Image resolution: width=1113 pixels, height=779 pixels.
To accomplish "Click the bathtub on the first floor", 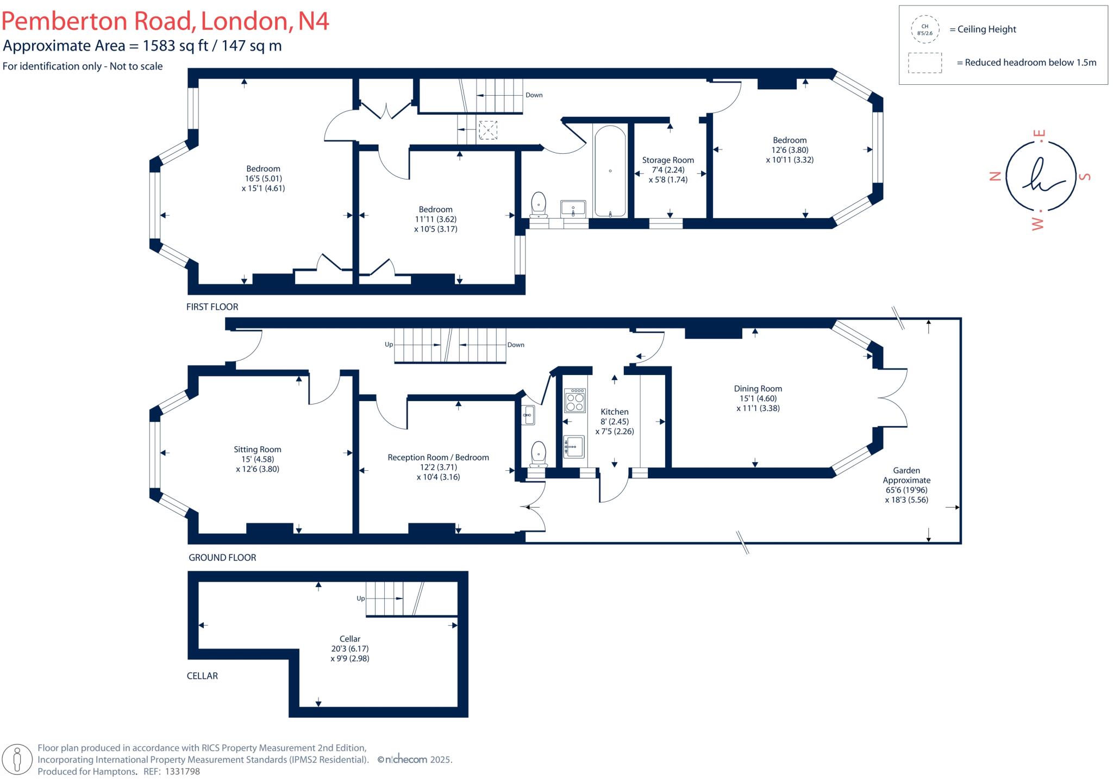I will pos(610,171).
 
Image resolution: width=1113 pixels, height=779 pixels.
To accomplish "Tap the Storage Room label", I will pos(668,160).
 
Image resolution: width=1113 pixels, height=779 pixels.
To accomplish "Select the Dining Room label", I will pos(758,388).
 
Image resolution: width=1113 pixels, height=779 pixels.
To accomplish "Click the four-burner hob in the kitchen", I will pos(574,401).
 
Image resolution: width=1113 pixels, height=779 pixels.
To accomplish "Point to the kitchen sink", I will pos(574,446).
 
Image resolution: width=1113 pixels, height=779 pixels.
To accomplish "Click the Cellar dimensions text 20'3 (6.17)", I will pos(349,649).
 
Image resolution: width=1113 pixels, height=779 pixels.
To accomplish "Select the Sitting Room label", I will pos(257,449).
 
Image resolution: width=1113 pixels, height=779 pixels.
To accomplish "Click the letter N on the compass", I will pos(995,176).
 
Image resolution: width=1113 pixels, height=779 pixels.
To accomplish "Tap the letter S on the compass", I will pos(1084,176).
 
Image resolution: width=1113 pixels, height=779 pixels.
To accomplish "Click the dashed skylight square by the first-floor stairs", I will pos(487,130).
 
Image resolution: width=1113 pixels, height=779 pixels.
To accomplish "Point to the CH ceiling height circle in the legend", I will pos(924,29).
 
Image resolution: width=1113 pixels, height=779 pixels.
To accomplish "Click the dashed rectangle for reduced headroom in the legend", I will pos(924,63).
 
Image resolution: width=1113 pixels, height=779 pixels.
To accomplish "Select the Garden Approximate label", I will pos(906,475).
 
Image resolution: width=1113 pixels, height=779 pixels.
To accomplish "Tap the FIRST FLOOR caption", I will pos(212,307).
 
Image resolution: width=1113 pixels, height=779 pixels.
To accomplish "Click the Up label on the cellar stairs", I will pos(360,598).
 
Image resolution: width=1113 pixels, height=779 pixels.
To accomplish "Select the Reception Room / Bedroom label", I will pos(438,457).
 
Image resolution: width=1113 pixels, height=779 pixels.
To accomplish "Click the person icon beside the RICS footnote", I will pos(17,759).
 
